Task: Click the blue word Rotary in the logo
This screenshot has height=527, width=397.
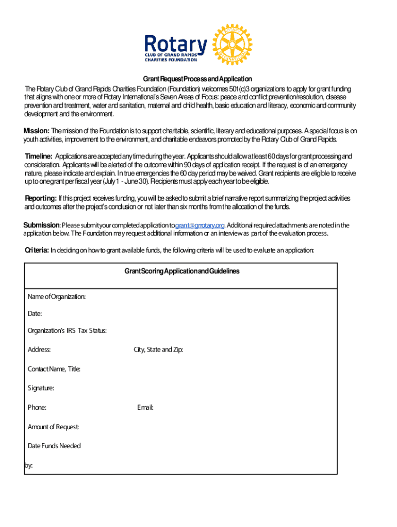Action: point(176,44)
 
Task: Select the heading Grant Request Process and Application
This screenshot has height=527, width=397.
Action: point(197,79)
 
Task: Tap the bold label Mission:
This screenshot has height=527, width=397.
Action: point(37,131)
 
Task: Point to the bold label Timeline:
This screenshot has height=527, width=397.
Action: point(39,156)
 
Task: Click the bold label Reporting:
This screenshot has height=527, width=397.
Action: point(41,198)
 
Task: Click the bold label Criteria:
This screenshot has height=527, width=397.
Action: point(37,250)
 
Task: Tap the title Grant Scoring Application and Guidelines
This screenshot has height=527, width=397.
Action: point(181,271)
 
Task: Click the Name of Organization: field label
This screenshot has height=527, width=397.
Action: point(57,297)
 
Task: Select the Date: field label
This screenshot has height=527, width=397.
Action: point(35,314)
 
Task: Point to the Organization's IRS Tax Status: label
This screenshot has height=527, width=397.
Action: point(67,331)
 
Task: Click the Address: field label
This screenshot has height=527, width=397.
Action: point(39,350)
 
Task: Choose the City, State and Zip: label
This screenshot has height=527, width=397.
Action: point(158,350)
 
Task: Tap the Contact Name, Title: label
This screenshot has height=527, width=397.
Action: point(54,369)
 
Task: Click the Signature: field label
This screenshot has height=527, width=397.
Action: point(41,388)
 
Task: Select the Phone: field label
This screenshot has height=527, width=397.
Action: point(37,408)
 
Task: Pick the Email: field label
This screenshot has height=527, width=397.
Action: point(145,408)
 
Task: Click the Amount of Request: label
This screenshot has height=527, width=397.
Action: point(53,427)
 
